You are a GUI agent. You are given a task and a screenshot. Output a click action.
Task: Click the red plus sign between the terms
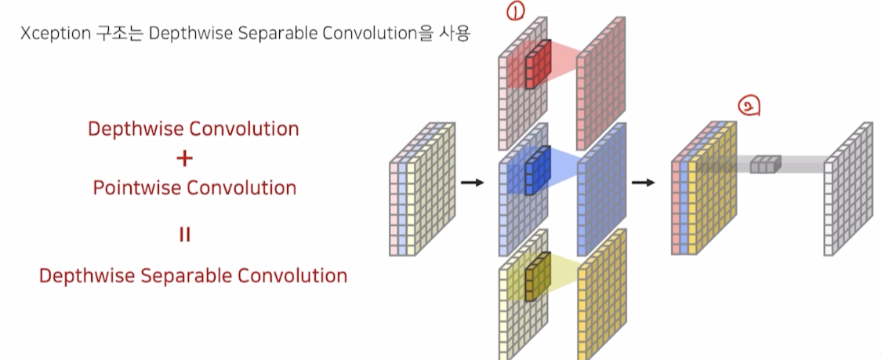tap(184, 158)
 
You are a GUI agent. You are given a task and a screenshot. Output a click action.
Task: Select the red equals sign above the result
tap(184, 235)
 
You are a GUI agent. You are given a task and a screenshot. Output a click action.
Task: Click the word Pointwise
tap(136, 188)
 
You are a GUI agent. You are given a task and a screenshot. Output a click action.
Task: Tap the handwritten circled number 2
tap(749, 105)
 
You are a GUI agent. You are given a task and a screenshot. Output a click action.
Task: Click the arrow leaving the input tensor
tap(472, 182)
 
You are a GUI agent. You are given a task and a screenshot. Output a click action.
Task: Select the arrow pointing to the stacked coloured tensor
tap(643, 182)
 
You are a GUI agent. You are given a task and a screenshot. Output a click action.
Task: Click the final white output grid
tap(848, 188)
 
